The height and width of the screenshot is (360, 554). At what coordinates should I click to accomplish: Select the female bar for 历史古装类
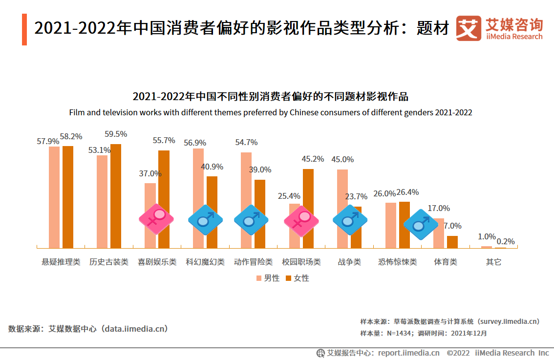coord(116,196)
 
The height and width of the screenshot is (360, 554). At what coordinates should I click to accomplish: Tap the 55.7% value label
coord(164,141)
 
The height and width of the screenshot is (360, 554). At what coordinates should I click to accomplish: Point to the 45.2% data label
coord(313,159)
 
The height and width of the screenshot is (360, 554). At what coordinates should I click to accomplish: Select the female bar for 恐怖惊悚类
coord(405,225)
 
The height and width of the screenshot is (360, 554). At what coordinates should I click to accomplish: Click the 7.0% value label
coord(452,226)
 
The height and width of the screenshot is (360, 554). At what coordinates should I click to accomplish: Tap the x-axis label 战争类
coord(349,262)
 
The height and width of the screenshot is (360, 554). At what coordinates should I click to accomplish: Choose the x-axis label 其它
coord(493,262)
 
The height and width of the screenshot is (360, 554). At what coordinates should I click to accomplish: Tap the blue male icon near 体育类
coord(420,224)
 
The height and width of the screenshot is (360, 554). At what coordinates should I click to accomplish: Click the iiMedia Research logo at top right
coord(499,28)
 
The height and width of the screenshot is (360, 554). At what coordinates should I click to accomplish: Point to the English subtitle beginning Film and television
coord(271,112)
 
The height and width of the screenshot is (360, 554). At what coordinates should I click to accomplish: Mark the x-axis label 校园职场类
coord(301,262)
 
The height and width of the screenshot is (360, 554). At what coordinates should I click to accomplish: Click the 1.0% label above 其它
coord(487,237)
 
